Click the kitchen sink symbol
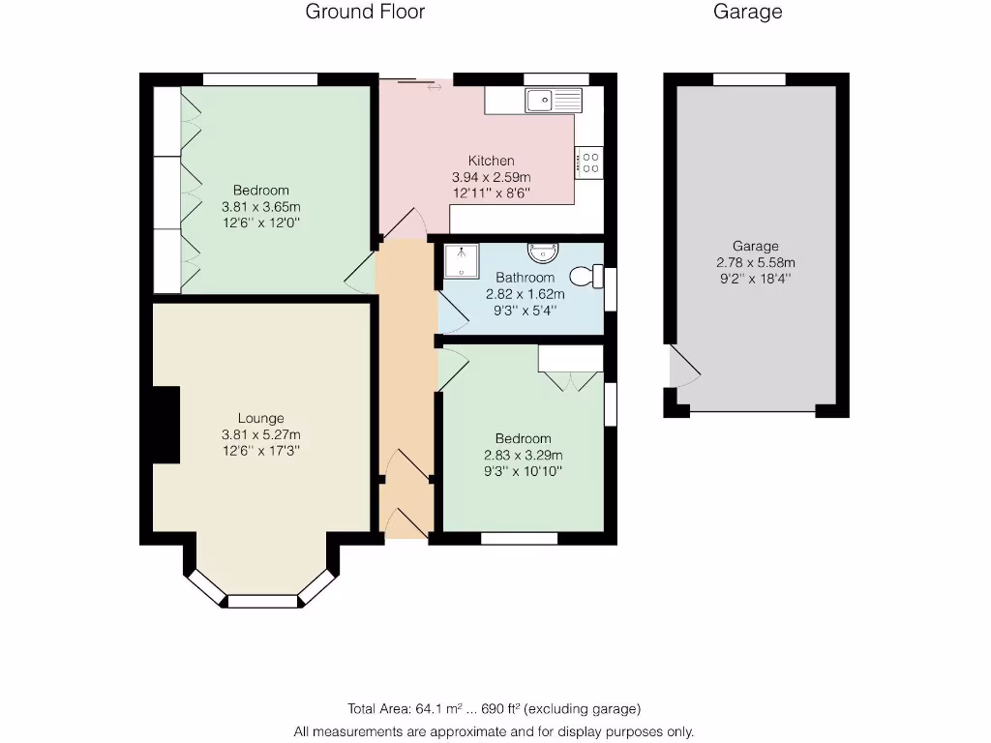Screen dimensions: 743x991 click(x=552, y=99)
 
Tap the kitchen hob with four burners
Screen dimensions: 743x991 click(x=588, y=162)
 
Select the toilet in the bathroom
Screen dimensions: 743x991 click(x=583, y=277)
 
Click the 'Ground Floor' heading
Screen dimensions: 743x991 click(x=365, y=13)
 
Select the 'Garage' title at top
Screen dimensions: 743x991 click(x=747, y=13)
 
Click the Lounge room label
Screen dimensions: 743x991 click(x=261, y=418)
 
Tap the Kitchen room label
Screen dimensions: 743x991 click(x=492, y=161)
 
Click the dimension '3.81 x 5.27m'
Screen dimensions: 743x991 click(x=261, y=434)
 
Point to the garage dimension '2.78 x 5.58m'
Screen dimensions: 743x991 click(x=755, y=262)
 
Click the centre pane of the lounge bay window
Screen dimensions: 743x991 click(x=261, y=601)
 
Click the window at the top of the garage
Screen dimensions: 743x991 click(x=749, y=79)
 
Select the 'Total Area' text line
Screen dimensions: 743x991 click(x=494, y=708)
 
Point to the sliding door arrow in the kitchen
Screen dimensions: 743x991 click(x=434, y=87)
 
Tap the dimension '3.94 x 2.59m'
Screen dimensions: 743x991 click(x=492, y=177)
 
